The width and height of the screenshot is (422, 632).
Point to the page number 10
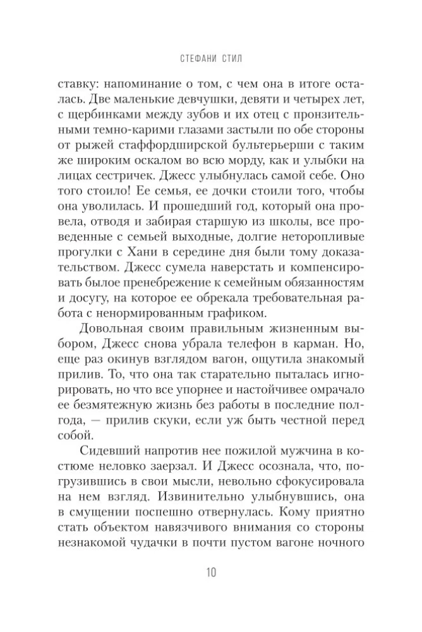(210, 573)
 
